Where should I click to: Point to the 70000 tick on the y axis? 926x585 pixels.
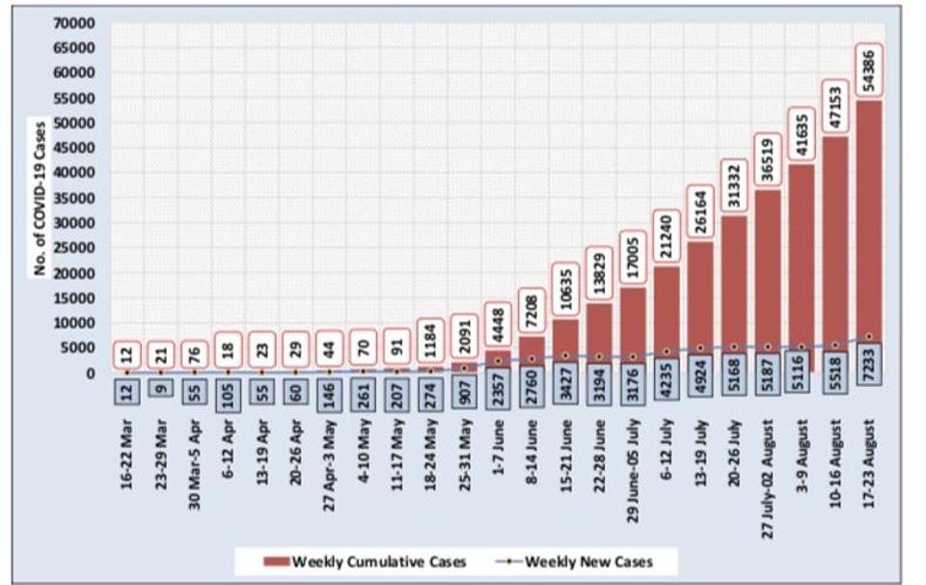pyautogui.click(x=76, y=21)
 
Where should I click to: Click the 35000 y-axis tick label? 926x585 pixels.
pyautogui.click(x=76, y=198)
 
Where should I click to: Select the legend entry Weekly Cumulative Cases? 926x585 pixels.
pyautogui.click(x=367, y=561)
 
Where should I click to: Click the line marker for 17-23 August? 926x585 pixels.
pyautogui.click(x=871, y=337)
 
